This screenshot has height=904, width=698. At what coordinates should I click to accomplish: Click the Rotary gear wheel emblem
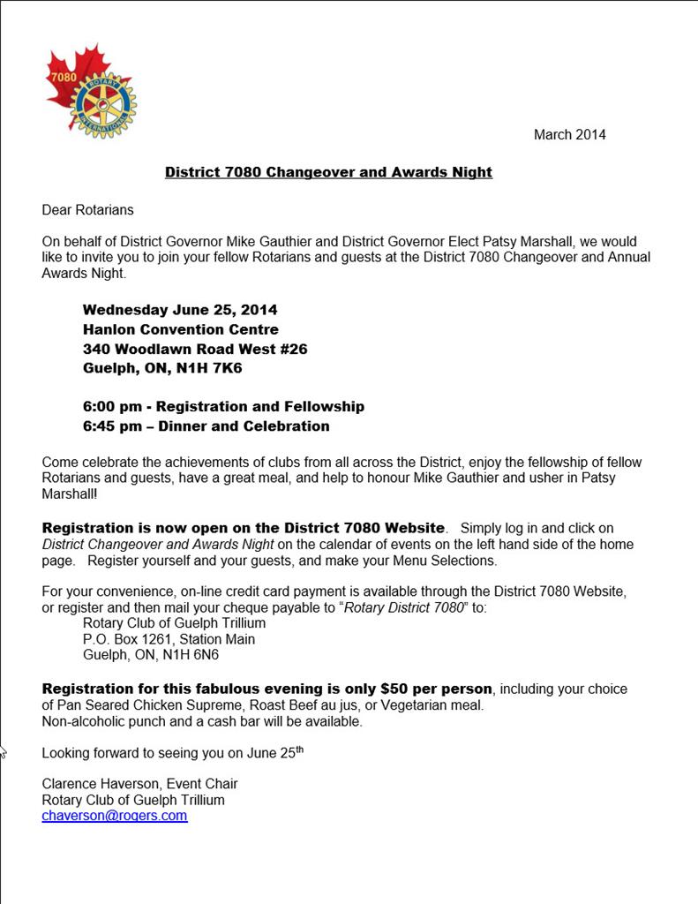coord(103,105)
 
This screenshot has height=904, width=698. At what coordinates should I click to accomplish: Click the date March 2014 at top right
coord(569,135)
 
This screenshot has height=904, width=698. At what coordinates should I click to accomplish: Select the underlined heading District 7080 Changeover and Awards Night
coord(328,172)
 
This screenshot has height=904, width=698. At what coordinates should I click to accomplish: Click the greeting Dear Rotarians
coord(87,210)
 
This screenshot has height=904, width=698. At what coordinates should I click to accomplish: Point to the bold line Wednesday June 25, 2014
coord(180,310)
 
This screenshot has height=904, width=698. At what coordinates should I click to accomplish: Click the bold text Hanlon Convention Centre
coord(181,329)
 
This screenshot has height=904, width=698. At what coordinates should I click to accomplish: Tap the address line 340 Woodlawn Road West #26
coord(195,349)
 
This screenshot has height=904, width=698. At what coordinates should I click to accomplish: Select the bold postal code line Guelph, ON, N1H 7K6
coord(162,368)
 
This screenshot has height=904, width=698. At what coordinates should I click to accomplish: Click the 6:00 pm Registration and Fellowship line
coord(223,407)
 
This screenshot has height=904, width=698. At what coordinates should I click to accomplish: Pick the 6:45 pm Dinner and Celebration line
coord(206,426)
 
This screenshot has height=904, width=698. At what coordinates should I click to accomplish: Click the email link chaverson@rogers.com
coord(115,816)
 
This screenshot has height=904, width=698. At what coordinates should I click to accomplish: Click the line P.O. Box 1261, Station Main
coord(169,639)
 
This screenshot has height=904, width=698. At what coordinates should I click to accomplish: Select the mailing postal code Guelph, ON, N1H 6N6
coord(151,655)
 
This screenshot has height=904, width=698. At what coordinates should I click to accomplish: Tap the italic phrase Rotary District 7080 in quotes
coord(404,607)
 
